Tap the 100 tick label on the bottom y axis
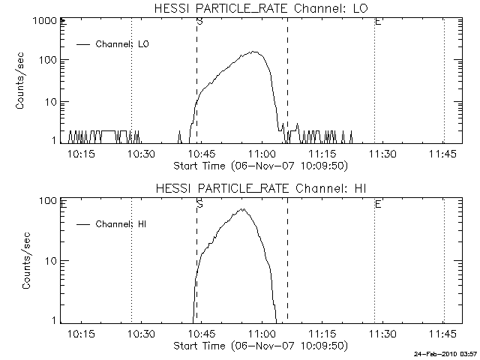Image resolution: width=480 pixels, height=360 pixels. (x=49, y=202)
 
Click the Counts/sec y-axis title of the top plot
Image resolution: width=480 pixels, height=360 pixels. (x=22, y=81)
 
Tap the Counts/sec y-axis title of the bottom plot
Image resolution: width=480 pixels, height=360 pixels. (x=27, y=261)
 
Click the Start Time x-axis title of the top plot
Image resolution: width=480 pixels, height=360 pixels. (x=259, y=165)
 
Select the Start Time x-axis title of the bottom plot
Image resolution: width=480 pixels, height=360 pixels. (x=259, y=345)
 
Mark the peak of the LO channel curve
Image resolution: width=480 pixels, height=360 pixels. (x=253, y=52)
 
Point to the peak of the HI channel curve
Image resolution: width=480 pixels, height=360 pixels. (x=243, y=209)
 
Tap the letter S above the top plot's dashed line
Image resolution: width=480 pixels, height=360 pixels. (x=199, y=22)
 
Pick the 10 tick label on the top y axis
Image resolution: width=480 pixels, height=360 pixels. (x=49, y=101)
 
